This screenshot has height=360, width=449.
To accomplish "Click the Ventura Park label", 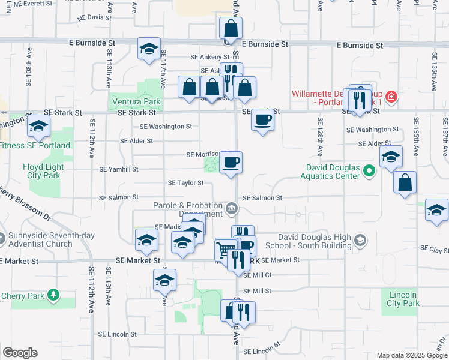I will pos(136,101).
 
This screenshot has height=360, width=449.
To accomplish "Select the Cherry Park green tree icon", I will pos(54,295).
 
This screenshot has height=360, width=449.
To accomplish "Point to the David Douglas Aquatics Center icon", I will pos(369,172).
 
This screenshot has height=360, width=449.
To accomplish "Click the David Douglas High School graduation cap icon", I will pos(360,241).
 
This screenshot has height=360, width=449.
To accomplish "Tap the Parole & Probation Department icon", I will pos(232,209).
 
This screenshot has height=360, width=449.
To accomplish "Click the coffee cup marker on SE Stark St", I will pos(262,120).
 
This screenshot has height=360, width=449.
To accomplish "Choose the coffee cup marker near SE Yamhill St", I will pos(231,162).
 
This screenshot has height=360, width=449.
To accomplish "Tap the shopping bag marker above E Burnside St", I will pos(231,28).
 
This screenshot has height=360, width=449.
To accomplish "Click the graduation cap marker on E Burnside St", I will pos(148,49).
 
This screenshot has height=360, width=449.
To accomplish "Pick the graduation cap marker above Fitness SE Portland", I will pos(39,126).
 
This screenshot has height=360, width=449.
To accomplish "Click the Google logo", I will pos(20,353).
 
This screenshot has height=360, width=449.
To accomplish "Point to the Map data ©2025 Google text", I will pos(412,355).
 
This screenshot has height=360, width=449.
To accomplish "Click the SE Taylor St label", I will pos(186,182).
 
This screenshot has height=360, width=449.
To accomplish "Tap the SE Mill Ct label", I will pos(257,275).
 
